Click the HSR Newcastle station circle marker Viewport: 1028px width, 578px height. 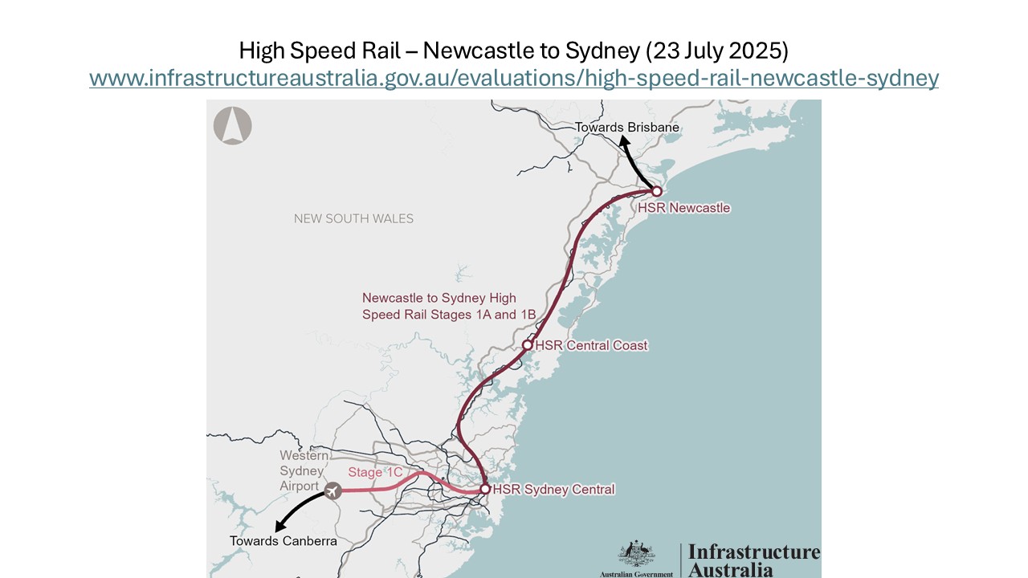pyautogui.click(x=656, y=191)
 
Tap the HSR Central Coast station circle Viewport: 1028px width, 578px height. pyautogui.click(x=528, y=344)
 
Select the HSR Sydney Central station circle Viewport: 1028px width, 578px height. pyautogui.click(x=485, y=488)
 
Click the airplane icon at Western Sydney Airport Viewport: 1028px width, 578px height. pyautogui.click(x=332, y=489)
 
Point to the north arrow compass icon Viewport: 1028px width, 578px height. pyautogui.click(x=233, y=126)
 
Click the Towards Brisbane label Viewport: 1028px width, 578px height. pyautogui.click(x=626, y=127)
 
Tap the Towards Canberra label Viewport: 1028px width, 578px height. pyautogui.click(x=283, y=541)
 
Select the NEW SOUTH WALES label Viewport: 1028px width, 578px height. pyautogui.click(x=353, y=218)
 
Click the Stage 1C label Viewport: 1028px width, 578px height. pyautogui.click(x=375, y=472)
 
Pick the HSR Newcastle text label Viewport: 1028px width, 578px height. pyautogui.click(x=684, y=208)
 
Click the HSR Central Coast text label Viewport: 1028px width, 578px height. pyautogui.click(x=591, y=345)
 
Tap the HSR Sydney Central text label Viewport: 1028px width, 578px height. pyautogui.click(x=553, y=489)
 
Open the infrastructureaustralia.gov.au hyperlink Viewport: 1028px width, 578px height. pyautogui.click(x=514, y=78)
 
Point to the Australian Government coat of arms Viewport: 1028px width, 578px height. pyautogui.click(x=636, y=553)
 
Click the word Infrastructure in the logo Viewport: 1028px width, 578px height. pyautogui.click(x=753, y=552)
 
